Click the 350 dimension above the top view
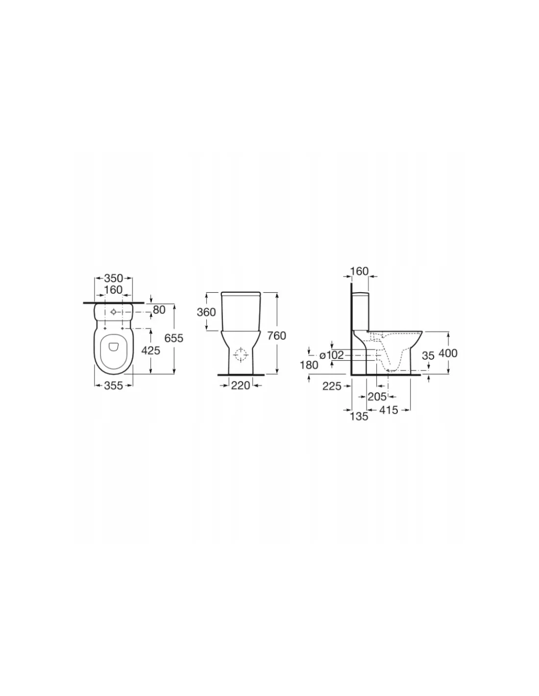pyautogui.click(x=113, y=278)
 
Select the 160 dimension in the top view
pyautogui.click(x=113, y=290)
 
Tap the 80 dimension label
pyautogui.click(x=159, y=310)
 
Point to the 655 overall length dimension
pyautogui.click(x=173, y=338)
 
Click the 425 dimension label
pyautogui.click(x=151, y=350)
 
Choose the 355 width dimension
pyautogui.click(x=114, y=385)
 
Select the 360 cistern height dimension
pyautogui.click(x=206, y=312)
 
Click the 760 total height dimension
pyautogui.click(x=276, y=336)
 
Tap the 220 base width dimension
pyautogui.click(x=241, y=385)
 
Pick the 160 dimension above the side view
pyautogui.click(x=359, y=271)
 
